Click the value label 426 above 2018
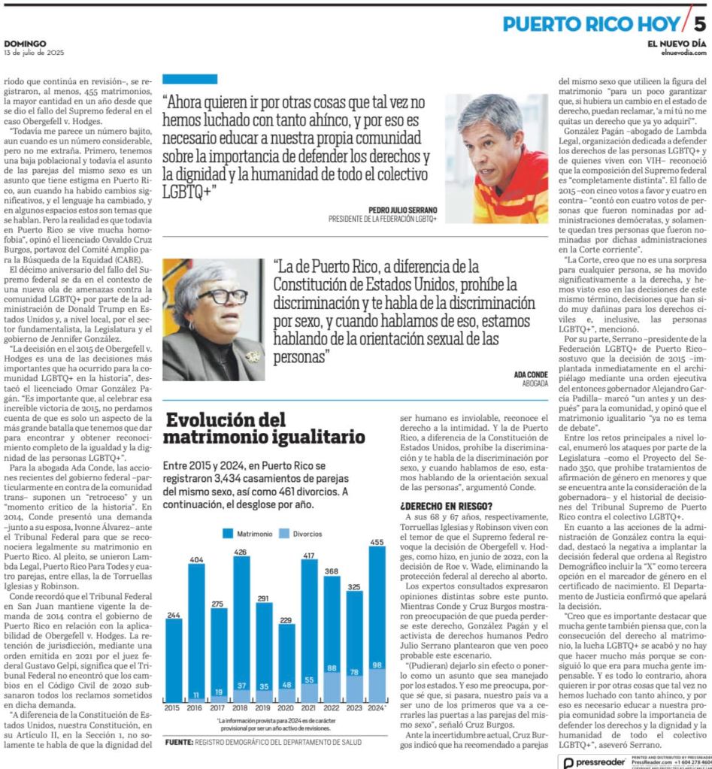click(241, 552)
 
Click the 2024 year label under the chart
click(377, 729)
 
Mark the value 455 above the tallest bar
click(377, 542)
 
